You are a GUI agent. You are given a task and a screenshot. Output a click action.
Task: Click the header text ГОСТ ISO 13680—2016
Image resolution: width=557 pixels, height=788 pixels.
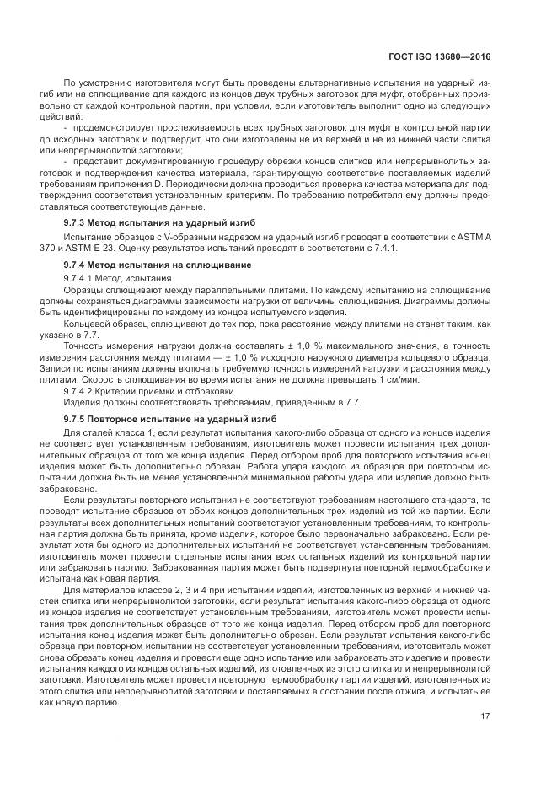(448, 56)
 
